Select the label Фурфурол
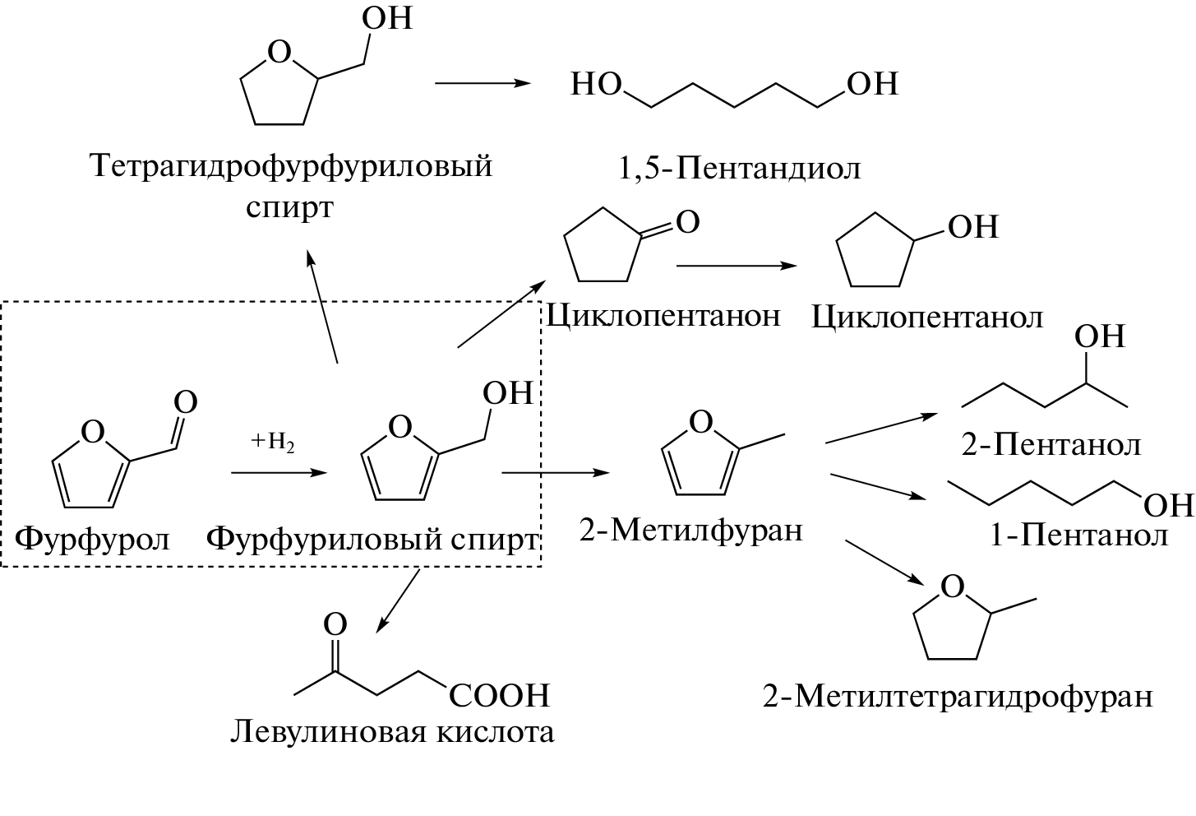point(93,539)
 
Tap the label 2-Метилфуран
point(690,530)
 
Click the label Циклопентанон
point(663,315)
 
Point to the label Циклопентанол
point(927,317)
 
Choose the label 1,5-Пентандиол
point(738,168)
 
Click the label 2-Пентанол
point(1051,445)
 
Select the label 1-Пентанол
point(1078,535)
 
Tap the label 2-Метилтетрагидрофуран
point(958,697)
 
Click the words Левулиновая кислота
point(392,731)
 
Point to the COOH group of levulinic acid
point(499,696)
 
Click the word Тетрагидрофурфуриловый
point(292,166)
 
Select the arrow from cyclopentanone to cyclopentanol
point(736,266)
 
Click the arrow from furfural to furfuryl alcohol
point(279,473)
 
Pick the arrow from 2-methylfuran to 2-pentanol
point(886,428)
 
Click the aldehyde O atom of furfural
point(187,402)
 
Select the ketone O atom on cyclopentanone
point(687,222)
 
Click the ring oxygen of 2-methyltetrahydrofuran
point(951,586)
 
